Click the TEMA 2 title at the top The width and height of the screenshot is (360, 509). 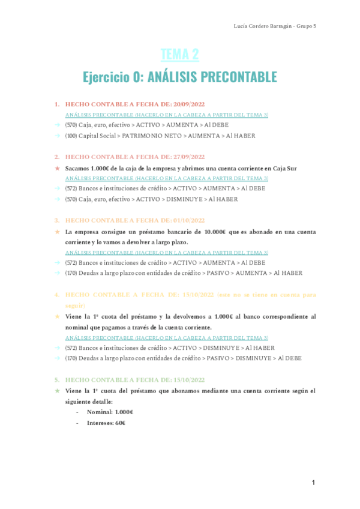click(x=180, y=55)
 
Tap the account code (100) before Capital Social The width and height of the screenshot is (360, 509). click(x=71, y=136)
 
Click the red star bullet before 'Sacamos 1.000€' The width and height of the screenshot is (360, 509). click(x=57, y=168)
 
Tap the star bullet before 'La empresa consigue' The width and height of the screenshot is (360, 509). click(x=57, y=232)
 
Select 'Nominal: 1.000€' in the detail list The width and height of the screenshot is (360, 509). click(x=110, y=412)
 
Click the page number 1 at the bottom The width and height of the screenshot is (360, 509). click(x=313, y=483)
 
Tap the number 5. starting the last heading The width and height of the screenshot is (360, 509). click(x=57, y=380)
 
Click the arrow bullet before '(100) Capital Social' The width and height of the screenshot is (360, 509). click(x=57, y=136)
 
